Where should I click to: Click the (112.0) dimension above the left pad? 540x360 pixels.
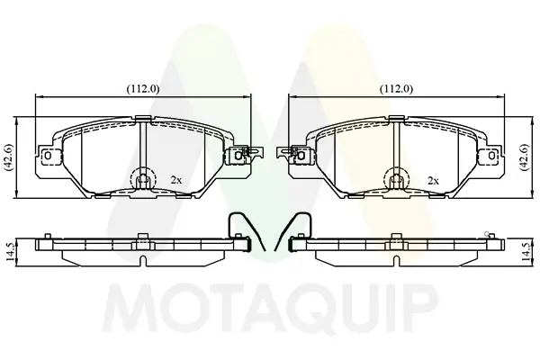(x=143, y=89)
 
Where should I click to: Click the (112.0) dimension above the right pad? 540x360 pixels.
(x=396, y=89)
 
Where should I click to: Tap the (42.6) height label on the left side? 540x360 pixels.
(x=9, y=157)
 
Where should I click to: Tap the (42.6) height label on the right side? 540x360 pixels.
(x=524, y=157)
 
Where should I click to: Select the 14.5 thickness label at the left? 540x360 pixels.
(x=10, y=252)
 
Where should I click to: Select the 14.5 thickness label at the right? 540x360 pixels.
(x=526, y=252)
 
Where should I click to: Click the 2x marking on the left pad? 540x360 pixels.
(x=176, y=180)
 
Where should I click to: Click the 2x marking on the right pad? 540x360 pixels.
(x=433, y=180)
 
